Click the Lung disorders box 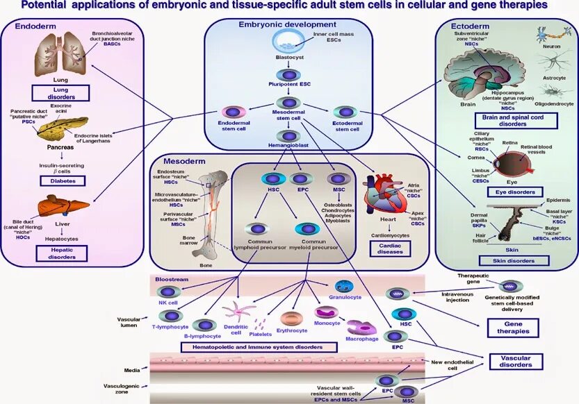pyautogui.click(x=61, y=94)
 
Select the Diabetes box pyautogui.click(x=61, y=180)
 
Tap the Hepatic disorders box pyautogui.click(x=61, y=252)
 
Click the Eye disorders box pyautogui.click(x=516, y=191)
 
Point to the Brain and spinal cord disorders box pyautogui.click(x=513, y=121)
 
